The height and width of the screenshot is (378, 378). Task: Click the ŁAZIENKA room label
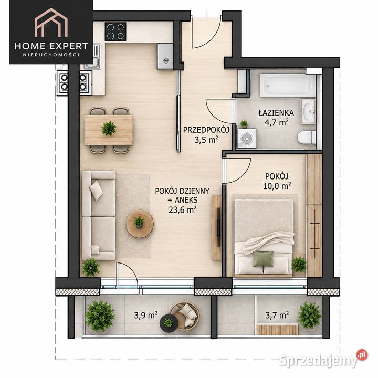(x=276, y=112)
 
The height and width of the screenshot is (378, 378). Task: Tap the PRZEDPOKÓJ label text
(x=206, y=130)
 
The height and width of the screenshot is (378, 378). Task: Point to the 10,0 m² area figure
(x=277, y=186)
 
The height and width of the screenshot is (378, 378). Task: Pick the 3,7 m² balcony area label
(x=277, y=315)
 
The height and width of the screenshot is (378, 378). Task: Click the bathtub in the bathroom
(x=288, y=86)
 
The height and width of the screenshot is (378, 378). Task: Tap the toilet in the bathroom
(x=307, y=138)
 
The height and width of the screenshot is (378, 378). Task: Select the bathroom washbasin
(x=308, y=111)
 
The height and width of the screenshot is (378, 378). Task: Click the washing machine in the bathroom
(x=247, y=138)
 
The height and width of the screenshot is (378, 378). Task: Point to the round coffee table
(x=140, y=224)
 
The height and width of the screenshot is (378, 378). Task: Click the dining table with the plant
(x=109, y=130)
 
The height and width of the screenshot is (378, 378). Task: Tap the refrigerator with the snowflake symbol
(x=165, y=57)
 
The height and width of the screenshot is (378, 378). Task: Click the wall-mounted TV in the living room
(x=218, y=227)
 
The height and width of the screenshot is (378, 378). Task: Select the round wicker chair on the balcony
(x=185, y=316)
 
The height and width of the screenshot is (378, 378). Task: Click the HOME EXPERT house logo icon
(x=51, y=23)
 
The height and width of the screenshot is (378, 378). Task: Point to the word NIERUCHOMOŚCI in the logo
(x=51, y=55)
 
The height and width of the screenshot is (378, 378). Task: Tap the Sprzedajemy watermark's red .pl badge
(x=362, y=355)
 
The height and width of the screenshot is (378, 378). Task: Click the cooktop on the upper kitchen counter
(x=115, y=31)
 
